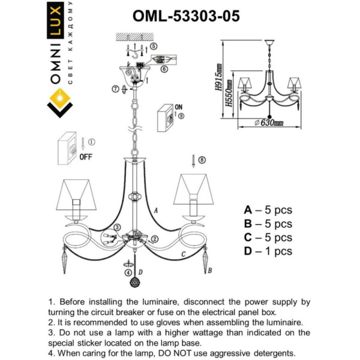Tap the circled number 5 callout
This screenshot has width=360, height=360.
click(154, 46)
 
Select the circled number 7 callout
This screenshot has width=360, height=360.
click(115, 89)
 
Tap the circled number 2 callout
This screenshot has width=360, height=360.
click(154, 239)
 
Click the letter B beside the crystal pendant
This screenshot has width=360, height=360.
click(209, 271)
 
